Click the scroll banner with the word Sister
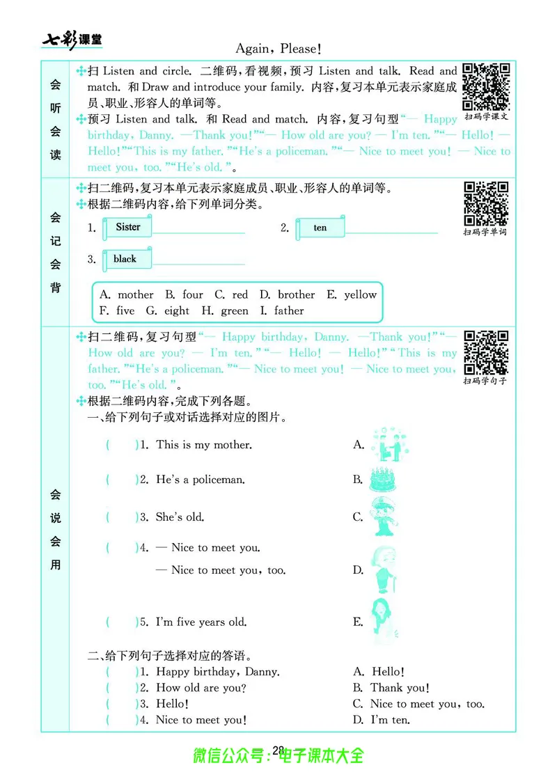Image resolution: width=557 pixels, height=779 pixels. pyautogui.click(x=127, y=228)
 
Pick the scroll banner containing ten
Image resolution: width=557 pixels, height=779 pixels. pyautogui.click(x=320, y=228)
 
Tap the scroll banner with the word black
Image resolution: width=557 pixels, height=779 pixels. pyautogui.click(x=125, y=260)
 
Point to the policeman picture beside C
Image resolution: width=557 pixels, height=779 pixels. pyautogui.click(x=384, y=517)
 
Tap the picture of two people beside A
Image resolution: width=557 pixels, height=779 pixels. pyautogui.click(x=387, y=444)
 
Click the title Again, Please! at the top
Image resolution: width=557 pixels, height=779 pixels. pyautogui.click(x=278, y=49)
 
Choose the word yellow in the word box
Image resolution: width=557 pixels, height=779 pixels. pyautogui.click(x=360, y=294)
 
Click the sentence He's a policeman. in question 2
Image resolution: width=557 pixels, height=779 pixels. pyautogui.click(x=201, y=480)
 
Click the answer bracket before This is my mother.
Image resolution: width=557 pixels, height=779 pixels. pyautogui.click(x=123, y=445)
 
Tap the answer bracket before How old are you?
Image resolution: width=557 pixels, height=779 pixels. pyautogui.click(x=123, y=688)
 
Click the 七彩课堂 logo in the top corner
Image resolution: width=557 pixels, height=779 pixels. pyautogui.click(x=72, y=40)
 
